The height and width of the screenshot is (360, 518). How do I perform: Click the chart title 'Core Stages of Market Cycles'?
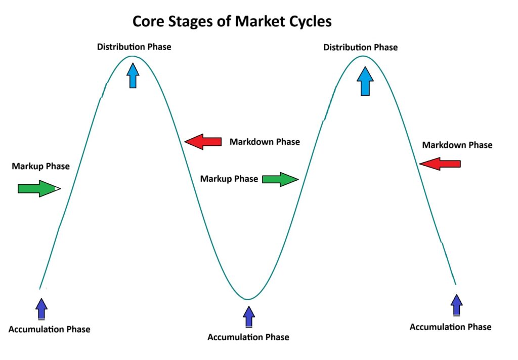tap(232, 21)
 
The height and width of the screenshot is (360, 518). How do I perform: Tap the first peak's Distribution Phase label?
tap(134, 47)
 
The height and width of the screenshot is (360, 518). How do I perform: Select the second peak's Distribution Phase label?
tap(360, 48)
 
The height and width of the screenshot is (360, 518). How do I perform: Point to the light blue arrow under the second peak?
tap(364, 81)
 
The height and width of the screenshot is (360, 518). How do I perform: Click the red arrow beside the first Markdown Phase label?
tap(203, 142)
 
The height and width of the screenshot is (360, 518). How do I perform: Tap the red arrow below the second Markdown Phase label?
tap(440, 164)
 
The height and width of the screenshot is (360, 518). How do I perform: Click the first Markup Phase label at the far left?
tap(41, 166)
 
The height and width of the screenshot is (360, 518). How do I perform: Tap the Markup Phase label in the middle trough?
tap(229, 179)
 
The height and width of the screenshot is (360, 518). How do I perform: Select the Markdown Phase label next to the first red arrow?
tap(265, 142)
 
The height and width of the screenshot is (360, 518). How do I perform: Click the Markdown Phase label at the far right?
tap(457, 145)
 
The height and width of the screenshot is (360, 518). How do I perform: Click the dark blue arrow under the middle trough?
tap(248, 316)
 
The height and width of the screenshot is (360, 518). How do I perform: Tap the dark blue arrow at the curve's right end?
tap(457, 305)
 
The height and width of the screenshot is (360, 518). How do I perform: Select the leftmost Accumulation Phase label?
tap(49, 330)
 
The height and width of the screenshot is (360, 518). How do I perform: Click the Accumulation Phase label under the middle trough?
tap(248, 337)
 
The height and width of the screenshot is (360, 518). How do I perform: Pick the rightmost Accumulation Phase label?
tap(450, 327)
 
